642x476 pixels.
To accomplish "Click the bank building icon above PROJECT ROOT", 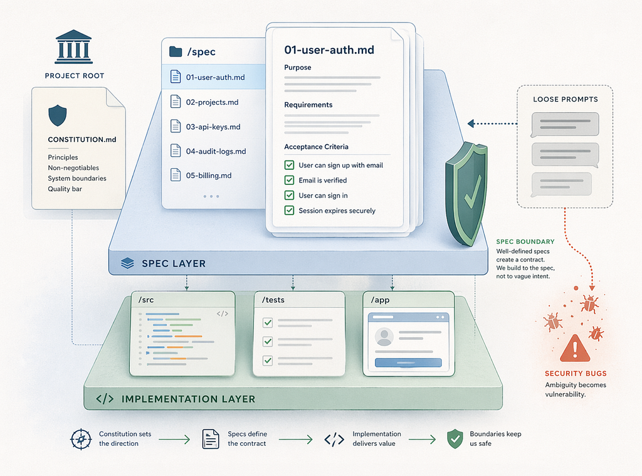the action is pos(74,46).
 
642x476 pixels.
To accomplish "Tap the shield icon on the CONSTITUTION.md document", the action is pos(57,115).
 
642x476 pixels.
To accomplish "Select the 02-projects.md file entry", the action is pos(212,102).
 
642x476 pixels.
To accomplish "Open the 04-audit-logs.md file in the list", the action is pos(216,151).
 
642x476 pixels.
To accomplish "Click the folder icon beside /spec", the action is pos(176,51).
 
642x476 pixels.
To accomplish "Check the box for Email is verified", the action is pos(289,180).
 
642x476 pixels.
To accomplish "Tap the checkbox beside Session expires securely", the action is pos(289,211).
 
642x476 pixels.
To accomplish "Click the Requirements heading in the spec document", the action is pos(308,105).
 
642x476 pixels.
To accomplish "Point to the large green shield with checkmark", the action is pos(466,193).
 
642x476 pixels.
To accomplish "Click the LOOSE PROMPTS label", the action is pos(566,99).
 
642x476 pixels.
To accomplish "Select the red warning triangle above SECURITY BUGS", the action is pos(575,349).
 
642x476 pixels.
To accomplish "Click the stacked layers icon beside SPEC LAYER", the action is pos(127,263).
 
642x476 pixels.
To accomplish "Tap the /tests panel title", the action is pos(273,300).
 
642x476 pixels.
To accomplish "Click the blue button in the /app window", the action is pos(408,362).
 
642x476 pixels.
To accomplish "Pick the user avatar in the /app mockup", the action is pos(384,337).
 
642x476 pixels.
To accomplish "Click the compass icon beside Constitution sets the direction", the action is pos(81,440).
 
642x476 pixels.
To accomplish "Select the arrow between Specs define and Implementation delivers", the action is pos(296,440).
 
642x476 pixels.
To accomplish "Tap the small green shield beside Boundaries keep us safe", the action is pos(455,439).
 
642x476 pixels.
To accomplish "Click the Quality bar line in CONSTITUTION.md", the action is pos(65,189).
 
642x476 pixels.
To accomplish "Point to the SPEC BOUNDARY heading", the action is pos(525,241).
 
